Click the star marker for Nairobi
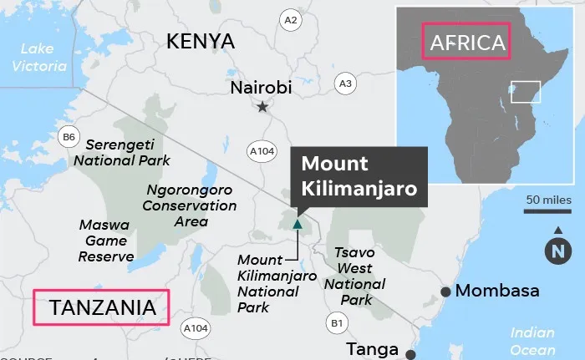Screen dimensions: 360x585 point(263,106)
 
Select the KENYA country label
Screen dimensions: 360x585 point(201,41)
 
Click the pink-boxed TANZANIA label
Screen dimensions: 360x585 point(100,307)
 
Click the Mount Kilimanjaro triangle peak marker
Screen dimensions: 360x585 point(297,223)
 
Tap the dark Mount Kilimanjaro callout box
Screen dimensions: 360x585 point(359,176)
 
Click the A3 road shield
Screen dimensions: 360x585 point(345,83)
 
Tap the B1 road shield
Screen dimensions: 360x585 point(336,322)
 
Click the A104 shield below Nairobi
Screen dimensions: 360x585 point(262,150)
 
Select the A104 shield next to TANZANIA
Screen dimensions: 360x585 point(195,327)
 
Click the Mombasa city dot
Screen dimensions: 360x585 point(446,292)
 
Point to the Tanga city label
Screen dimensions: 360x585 point(369,349)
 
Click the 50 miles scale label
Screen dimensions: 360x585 point(549,200)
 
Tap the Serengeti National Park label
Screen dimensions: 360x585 point(122,151)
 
